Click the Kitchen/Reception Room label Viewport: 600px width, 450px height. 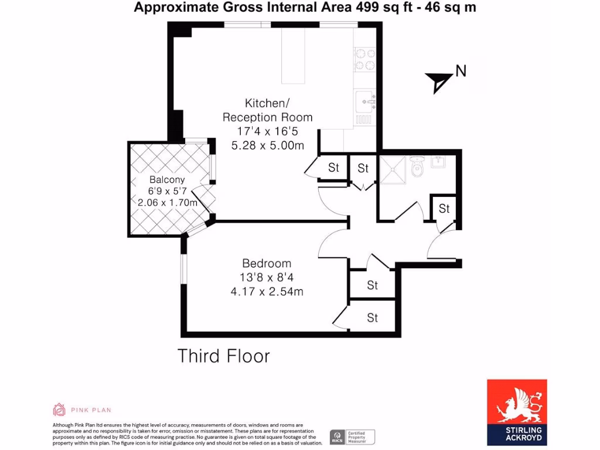pos(267,110)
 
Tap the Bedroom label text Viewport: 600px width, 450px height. pos(267,264)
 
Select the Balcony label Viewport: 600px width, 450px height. pos(167,180)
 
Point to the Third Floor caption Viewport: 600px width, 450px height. pos(224,356)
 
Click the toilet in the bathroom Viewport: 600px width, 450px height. pos(417,168)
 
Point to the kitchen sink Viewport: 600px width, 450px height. pos(364,100)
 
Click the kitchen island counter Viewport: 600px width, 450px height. pos(294,56)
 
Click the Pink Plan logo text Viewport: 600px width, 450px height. pos(91,410)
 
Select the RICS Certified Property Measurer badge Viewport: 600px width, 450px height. pos(352,436)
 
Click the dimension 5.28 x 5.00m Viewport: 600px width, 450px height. pos(267,145)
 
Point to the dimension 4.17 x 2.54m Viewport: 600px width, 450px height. pos(267,291)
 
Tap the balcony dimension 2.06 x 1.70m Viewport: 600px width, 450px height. pos(167,202)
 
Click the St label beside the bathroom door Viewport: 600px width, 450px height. pos(444,209)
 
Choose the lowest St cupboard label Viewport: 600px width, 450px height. pos(373,318)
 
